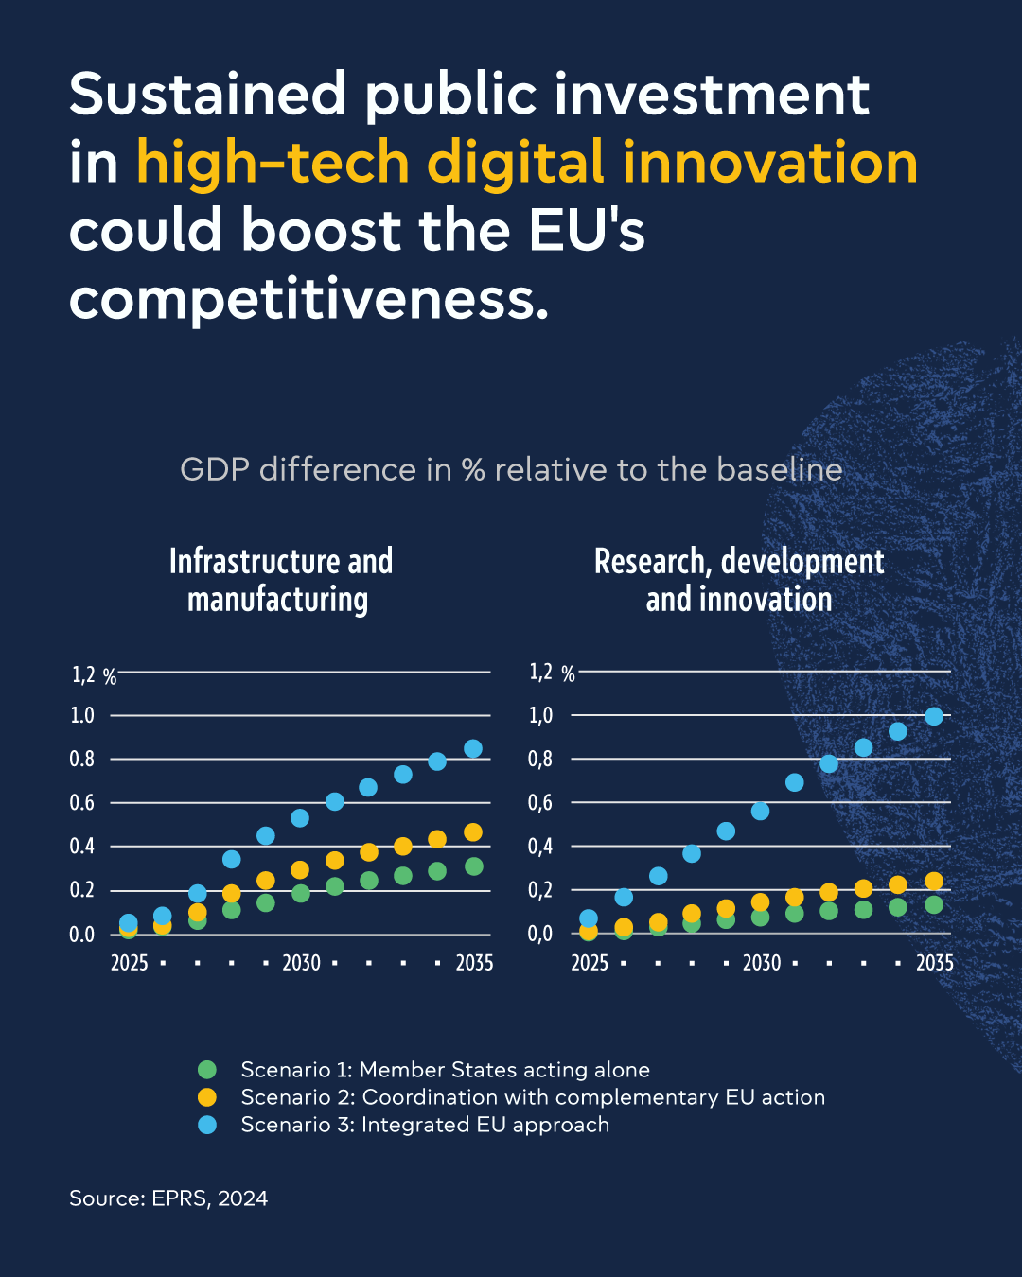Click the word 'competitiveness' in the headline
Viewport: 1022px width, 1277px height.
click(x=308, y=300)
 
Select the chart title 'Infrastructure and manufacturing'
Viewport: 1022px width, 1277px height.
click(x=280, y=580)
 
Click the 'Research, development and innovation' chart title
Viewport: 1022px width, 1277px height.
click(x=739, y=580)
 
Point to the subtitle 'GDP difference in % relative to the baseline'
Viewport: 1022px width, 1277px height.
click(x=511, y=469)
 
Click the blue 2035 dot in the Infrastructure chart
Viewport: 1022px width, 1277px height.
click(x=473, y=748)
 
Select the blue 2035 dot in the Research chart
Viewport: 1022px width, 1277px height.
click(x=934, y=716)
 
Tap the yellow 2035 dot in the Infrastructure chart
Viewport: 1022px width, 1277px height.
click(x=473, y=832)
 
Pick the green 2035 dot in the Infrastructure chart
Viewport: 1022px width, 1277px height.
click(x=474, y=866)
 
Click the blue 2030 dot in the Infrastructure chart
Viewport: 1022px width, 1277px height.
click(x=300, y=817)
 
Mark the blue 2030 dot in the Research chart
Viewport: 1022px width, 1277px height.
click(x=760, y=811)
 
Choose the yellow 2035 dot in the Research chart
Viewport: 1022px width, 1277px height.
click(x=934, y=881)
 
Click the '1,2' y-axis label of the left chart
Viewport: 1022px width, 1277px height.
click(x=84, y=674)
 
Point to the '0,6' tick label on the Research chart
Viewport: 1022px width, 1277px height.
click(x=540, y=803)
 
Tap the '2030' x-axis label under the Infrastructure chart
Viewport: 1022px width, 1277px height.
click(x=301, y=963)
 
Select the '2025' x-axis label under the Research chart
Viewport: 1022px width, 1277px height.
click(x=589, y=963)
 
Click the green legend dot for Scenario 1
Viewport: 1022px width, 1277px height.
click(x=207, y=1070)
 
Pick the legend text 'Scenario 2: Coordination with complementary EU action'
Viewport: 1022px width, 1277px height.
click(x=533, y=1097)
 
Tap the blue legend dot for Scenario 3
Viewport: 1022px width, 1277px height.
click(x=207, y=1125)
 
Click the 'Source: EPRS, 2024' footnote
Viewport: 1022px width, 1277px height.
click(x=168, y=1198)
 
